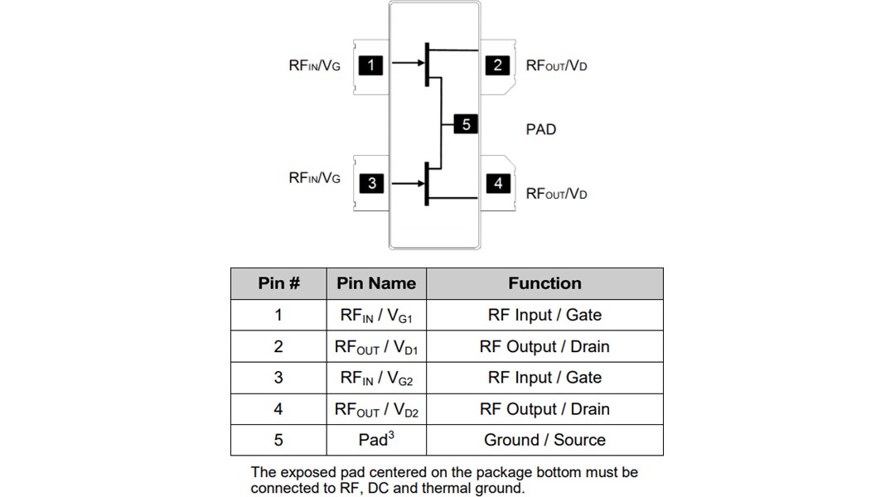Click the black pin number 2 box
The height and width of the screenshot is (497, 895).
coord(497,65)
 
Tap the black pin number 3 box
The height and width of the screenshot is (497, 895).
coord(372,184)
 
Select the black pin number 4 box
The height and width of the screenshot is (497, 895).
coord(498,183)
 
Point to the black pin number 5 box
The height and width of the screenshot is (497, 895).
coord(466,124)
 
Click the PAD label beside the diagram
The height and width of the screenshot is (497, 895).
coord(541,129)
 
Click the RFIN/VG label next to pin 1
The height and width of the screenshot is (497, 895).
coord(314,65)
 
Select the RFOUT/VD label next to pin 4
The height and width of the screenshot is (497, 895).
coord(556,194)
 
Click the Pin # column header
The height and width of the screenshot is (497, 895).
coord(278,283)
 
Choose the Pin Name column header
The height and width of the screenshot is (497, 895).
coord(376,283)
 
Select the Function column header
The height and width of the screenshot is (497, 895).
coord(544,283)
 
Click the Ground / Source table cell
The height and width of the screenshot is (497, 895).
coord(544,440)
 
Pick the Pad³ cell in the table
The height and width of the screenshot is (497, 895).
coord(376,439)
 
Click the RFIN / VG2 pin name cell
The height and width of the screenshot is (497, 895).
coord(376,378)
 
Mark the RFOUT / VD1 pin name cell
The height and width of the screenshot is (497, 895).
coord(376,347)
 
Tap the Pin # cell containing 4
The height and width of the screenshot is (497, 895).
coord(278,409)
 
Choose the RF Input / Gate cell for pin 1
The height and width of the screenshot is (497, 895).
coord(544,315)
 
